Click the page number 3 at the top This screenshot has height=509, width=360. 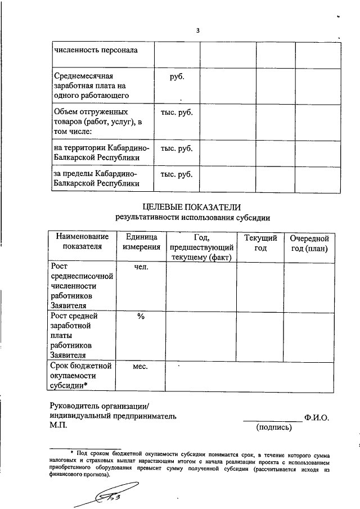(x=198, y=30)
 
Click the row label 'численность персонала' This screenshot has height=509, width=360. (x=96, y=50)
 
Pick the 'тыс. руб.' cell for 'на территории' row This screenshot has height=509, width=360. (x=177, y=148)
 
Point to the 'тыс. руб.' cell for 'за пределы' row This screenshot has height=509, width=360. (x=177, y=174)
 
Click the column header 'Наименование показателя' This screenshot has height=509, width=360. (x=82, y=242)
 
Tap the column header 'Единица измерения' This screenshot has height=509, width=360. (x=140, y=242)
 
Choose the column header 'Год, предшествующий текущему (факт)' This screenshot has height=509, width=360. (x=201, y=247)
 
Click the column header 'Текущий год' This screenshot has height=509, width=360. (x=260, y=242)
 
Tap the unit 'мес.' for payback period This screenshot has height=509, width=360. (x=140, y=367)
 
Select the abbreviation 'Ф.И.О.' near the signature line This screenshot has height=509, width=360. (x=317, y=418)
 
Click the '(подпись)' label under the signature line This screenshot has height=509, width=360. (x=274, y=428)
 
